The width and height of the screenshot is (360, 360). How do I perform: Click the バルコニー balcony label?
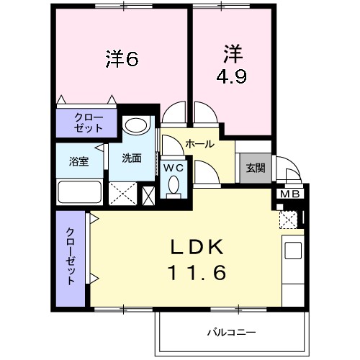(x=232, y=332)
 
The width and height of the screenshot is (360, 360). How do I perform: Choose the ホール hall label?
(x=199, y=143)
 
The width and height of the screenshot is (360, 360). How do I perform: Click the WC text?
(x=173, y=168)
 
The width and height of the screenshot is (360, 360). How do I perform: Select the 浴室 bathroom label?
(x=78, y=160)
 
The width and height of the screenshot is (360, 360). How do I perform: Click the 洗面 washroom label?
(x=131, y=158)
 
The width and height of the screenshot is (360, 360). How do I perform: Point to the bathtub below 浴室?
(x=79, y=193)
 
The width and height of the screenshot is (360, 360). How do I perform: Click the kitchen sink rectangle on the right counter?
(x=293, y=251)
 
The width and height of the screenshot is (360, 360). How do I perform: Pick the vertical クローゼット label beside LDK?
(x=70, y=256)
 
